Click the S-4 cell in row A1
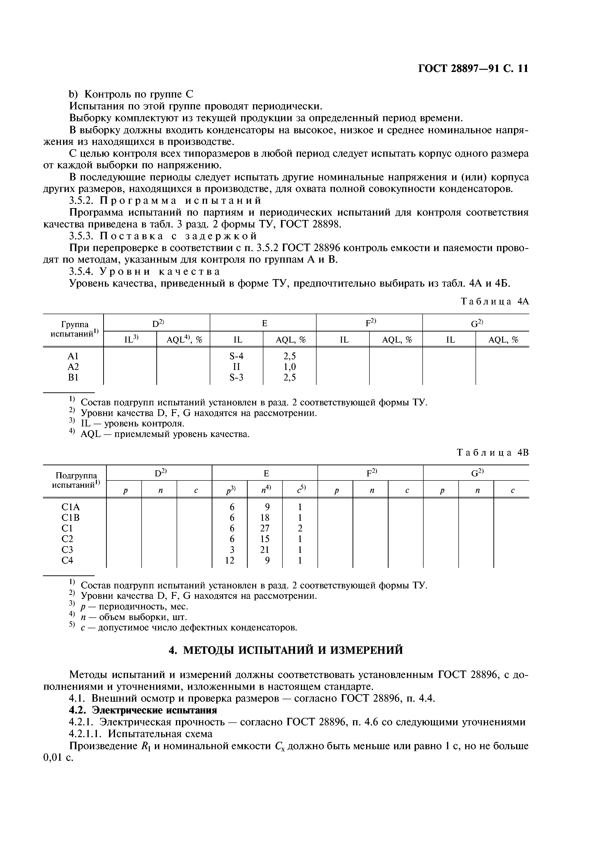pos(236,356)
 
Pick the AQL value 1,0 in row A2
pos(290,367)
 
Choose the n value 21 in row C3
pos(265,550)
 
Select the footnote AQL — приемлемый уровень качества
pos(165,434)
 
